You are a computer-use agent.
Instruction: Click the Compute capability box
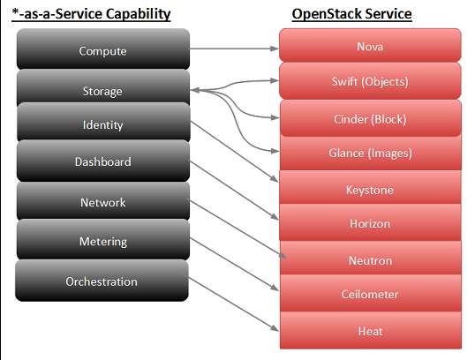click(x=103, y=49)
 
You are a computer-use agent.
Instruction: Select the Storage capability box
click(x=103, y=88)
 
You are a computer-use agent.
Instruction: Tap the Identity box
click(x=103, y=123)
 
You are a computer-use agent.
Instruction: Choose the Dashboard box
click(x=103, y=161)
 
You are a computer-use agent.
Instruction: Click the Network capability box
click(x=103, y=201)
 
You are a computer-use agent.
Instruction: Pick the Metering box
click(x=103, y=239)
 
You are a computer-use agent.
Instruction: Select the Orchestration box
click(x=102, y=281)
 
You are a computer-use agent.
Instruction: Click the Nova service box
click(x=370, y=45)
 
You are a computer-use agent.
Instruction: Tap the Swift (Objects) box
click(x=370, y=81)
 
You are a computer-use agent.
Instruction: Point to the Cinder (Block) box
click(x=371, y=118)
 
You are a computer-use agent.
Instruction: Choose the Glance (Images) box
click(x=371, y=153)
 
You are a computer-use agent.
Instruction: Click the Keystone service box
click(x=370, y=187)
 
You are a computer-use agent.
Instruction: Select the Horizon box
click(x=370, y=222)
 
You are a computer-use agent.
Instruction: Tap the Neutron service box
click(x=371, y=258)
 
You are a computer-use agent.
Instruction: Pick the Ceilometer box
click(x=371, y=293)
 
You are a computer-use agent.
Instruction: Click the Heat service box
click(x=371, y=330)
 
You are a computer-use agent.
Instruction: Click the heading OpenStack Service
click(x=351, y=14)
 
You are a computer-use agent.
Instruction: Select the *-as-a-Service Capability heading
click(x=91, y=14)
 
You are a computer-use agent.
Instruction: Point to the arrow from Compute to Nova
click(x=234, y=49)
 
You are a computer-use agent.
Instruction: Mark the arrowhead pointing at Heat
click(x=275, y=328)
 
